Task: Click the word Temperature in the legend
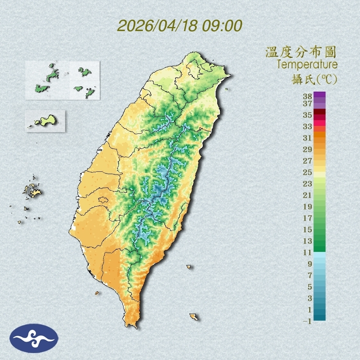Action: pos(307,65)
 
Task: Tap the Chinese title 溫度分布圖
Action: pos(301,52)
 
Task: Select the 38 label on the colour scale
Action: pos(307,97)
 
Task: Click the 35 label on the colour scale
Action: pos(307,115)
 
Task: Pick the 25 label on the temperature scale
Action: pos(307,172)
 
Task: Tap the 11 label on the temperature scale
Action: pos(307,252)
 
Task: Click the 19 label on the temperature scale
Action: pos(307,207)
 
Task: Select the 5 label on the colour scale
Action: pos(309,287)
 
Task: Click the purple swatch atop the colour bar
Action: pos(319,95)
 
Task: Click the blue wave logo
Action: pos(34,338)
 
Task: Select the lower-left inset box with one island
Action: pos(45,121)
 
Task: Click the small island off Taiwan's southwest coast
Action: pos(97,292)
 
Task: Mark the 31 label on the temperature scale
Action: pos(307,138)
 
